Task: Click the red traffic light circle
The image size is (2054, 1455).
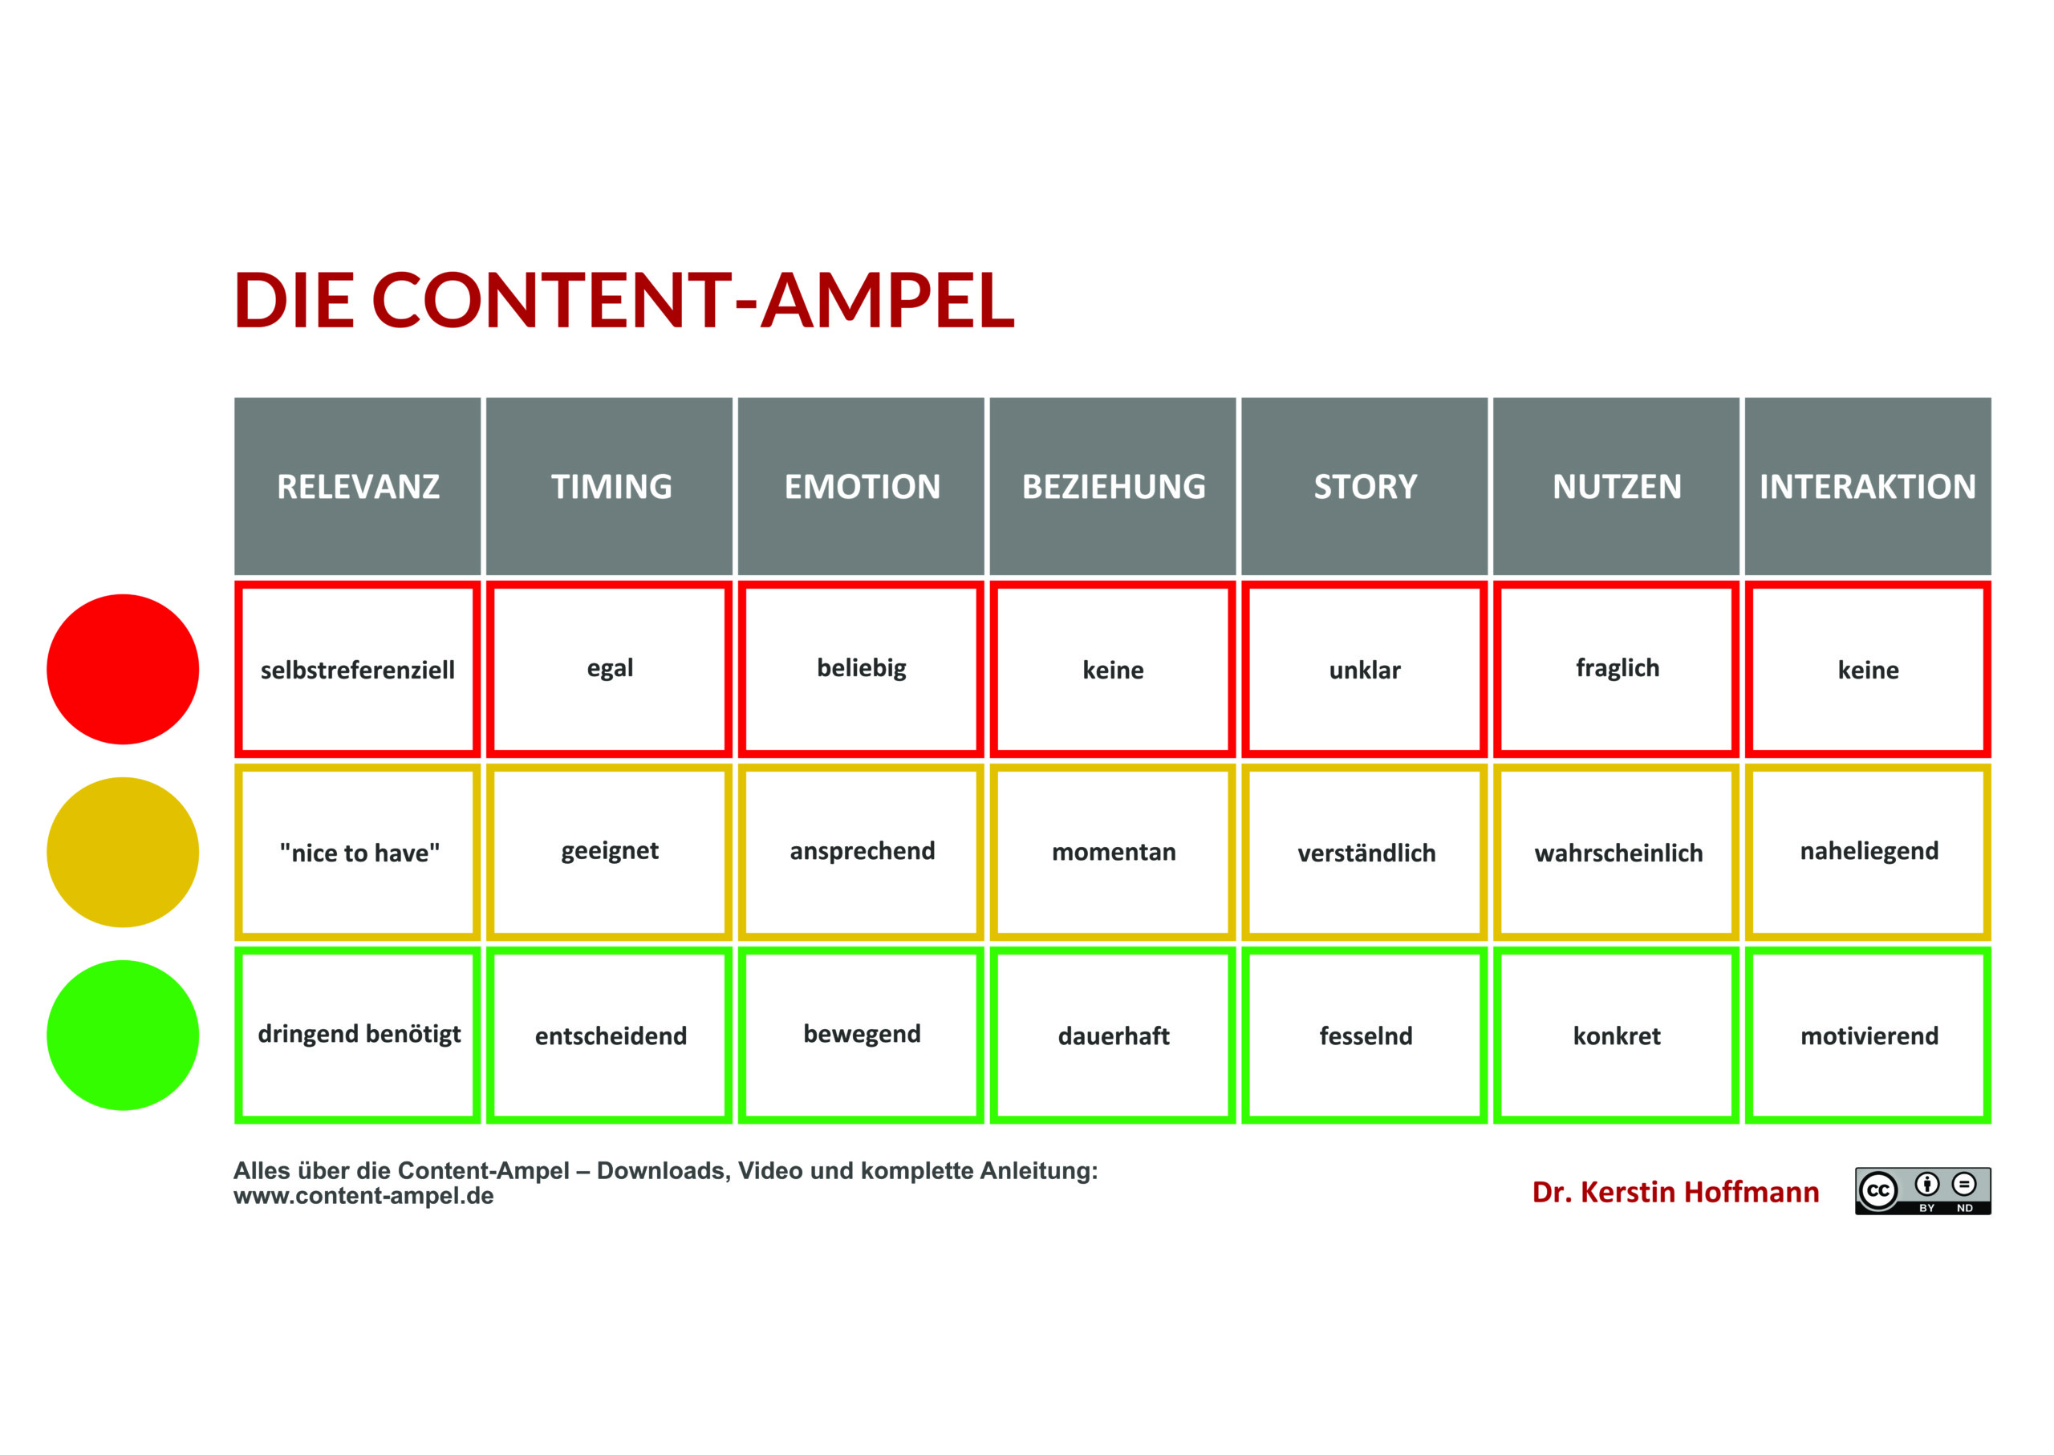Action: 123,669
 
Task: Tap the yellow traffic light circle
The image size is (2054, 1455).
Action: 123,852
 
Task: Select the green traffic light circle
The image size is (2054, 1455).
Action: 123,1035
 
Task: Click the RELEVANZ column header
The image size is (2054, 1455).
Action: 358,487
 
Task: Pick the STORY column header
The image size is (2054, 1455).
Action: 1364,487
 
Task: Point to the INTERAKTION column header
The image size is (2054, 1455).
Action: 1868,487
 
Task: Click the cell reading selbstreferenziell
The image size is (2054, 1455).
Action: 358,669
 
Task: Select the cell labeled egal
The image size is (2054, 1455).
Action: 610,669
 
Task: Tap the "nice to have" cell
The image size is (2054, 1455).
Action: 358,852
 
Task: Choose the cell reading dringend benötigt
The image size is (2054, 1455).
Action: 358,1035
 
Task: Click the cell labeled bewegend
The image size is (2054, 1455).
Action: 861,1035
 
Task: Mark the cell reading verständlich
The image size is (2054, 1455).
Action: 1364,852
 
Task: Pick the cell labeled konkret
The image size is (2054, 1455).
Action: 1616,1035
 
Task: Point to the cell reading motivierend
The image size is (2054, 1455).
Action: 1868,1035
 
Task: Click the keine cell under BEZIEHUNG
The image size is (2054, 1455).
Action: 1112,669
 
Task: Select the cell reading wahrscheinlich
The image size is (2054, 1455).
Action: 1616,852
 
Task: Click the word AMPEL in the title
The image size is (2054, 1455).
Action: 887,299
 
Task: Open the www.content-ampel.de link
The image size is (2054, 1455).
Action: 363,1196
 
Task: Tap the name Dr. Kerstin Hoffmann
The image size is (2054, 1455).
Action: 1675,1192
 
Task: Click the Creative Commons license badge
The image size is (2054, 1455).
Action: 1922,1190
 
